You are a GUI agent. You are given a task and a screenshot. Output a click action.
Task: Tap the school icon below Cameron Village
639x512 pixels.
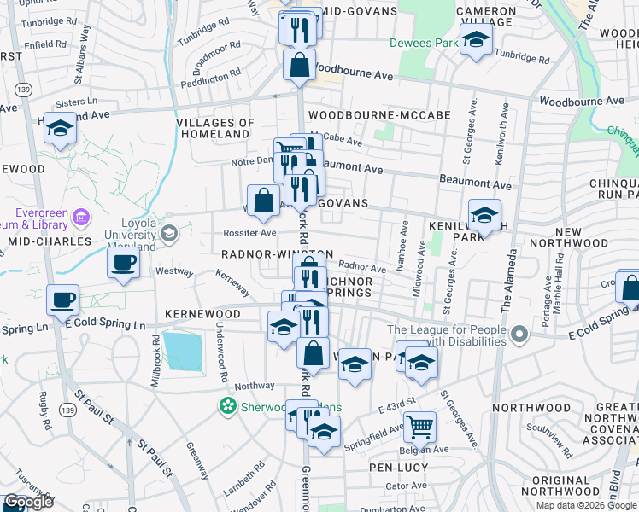[477, 38]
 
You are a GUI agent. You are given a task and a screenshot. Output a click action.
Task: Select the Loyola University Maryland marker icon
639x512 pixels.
[168, 233]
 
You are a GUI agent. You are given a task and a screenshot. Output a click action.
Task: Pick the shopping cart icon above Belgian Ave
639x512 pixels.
[419, 424]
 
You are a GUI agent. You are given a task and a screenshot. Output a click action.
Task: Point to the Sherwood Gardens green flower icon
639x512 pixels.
[228, 405]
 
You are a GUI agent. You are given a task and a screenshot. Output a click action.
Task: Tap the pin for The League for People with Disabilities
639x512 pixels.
[519, 337]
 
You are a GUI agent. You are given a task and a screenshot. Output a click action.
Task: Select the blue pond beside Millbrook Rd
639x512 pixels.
[182, 351]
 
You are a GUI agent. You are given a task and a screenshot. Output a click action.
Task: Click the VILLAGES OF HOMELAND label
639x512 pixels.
[215, 128]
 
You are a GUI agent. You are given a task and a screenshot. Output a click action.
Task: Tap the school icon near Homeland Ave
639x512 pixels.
[61, 128]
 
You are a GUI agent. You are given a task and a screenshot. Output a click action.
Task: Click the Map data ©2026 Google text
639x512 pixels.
[585, 505]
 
